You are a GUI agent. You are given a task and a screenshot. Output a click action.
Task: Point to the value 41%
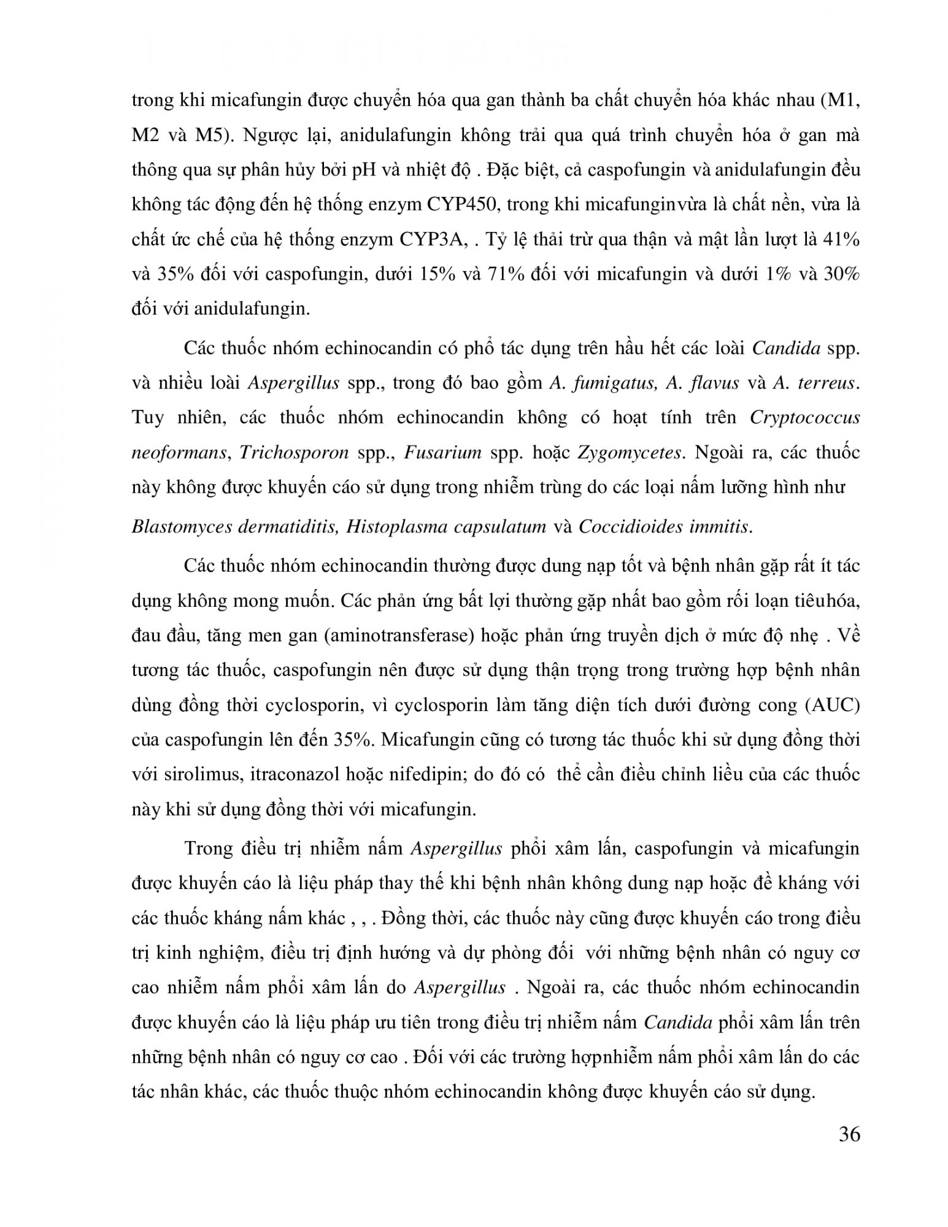[x=840, y=239]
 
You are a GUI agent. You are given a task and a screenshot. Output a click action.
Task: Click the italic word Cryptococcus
[x=804, y=418]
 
